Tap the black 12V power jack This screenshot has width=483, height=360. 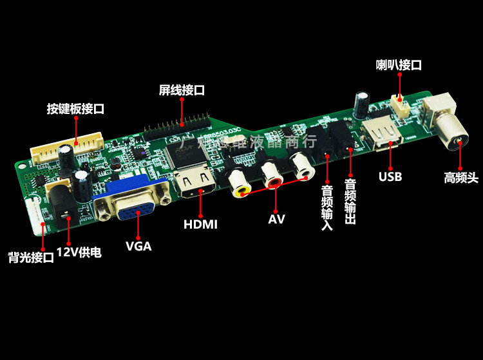tap(61, 199)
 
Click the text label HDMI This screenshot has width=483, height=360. tap(200, 225)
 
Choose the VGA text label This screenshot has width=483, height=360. tap(138, 246)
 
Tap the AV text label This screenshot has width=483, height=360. tap(276, 218)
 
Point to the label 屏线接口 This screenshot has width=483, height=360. tap(182, 90)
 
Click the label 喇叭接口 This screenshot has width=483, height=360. tap(399, 65)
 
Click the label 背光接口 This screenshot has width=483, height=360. tap(31, 258)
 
